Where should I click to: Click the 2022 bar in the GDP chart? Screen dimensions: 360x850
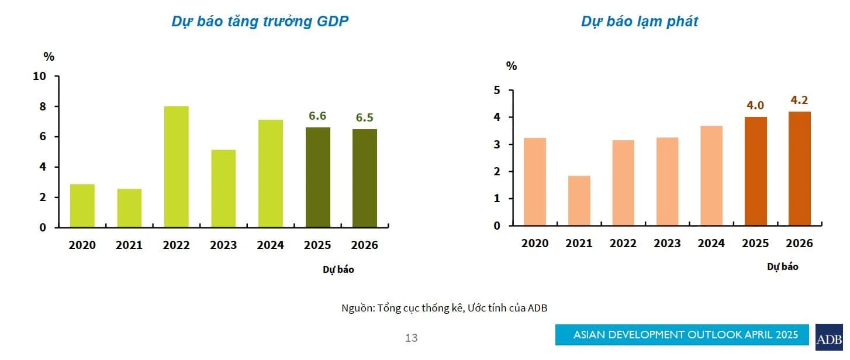click(x=176, y=167)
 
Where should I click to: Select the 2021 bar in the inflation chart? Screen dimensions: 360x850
click(x=579, y=200)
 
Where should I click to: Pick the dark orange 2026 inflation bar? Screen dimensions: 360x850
click(x=799, y=168)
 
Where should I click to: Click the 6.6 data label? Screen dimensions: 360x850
click(x=317, y=116)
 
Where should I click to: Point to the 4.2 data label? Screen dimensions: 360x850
click(x=799, y=100)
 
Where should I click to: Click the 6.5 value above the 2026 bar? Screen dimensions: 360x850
click(x=365, y=118)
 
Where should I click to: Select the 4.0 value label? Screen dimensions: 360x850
click(x=755, y=106)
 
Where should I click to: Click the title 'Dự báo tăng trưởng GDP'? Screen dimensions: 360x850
click(x=260, y=22)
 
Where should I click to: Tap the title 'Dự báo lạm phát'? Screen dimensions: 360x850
click(x=640, y=22)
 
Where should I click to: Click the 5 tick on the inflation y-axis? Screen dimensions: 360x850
click(x=497, y=91)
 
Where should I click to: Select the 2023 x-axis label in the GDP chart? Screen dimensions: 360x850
click(x=223, y=245)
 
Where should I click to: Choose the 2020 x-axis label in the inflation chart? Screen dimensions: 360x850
click(x=535, y=244)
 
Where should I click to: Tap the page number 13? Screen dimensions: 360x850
click(x=411, y=338)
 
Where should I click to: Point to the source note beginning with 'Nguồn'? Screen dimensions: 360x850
click(x=444, y=308)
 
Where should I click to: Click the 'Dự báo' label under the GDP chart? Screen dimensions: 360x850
click(x=338, y=270)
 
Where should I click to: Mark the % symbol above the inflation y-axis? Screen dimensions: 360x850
click(x=512, y=66)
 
